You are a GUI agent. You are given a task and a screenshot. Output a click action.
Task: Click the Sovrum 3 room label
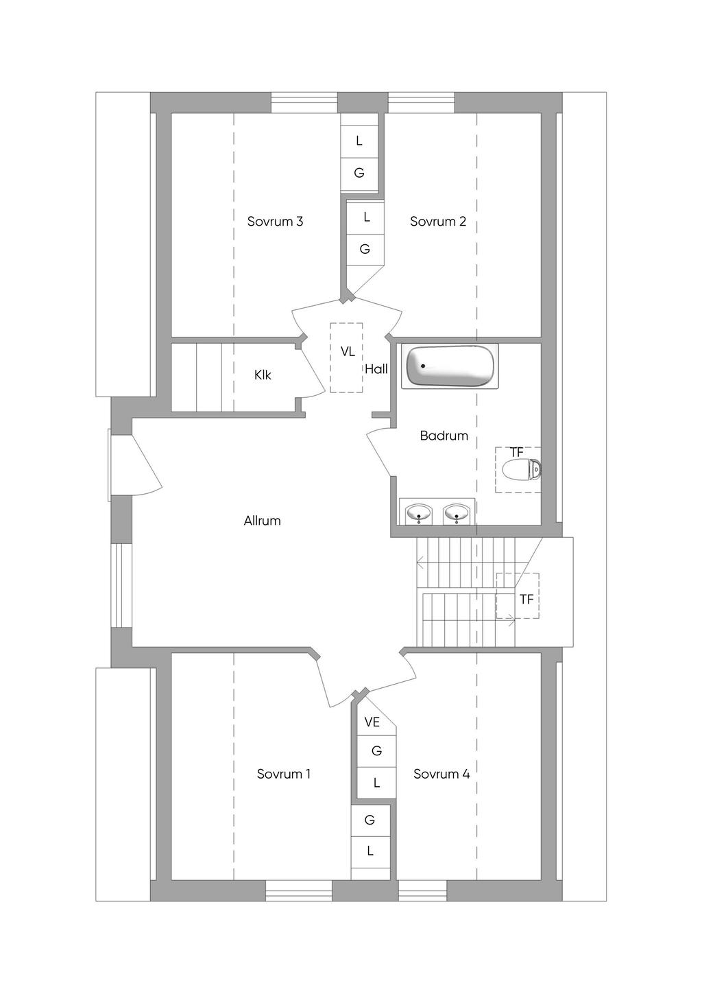pos(275,222)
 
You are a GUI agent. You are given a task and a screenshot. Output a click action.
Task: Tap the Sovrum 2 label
pos(437,222)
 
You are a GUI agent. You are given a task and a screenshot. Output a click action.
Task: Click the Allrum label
pos(262,521)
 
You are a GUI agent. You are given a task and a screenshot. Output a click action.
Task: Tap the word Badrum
pos(444,436)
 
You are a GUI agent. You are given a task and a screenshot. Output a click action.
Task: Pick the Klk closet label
pos(263,375)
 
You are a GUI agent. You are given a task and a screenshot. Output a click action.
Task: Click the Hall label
pos(376,369)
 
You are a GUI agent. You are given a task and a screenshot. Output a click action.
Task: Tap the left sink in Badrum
pos(418,513)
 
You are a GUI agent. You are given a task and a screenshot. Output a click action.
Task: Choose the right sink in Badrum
pos(456,513)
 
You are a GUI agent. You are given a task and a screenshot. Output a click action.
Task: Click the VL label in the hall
pos(348,352)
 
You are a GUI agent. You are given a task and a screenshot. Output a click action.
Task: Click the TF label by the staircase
pos(526,600)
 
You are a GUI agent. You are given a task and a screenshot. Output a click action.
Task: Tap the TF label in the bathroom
pos(517,452)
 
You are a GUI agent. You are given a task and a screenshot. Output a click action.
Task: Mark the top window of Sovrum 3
pos(304,102)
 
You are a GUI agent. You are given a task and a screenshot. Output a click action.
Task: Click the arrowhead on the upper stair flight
pos(420,564)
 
